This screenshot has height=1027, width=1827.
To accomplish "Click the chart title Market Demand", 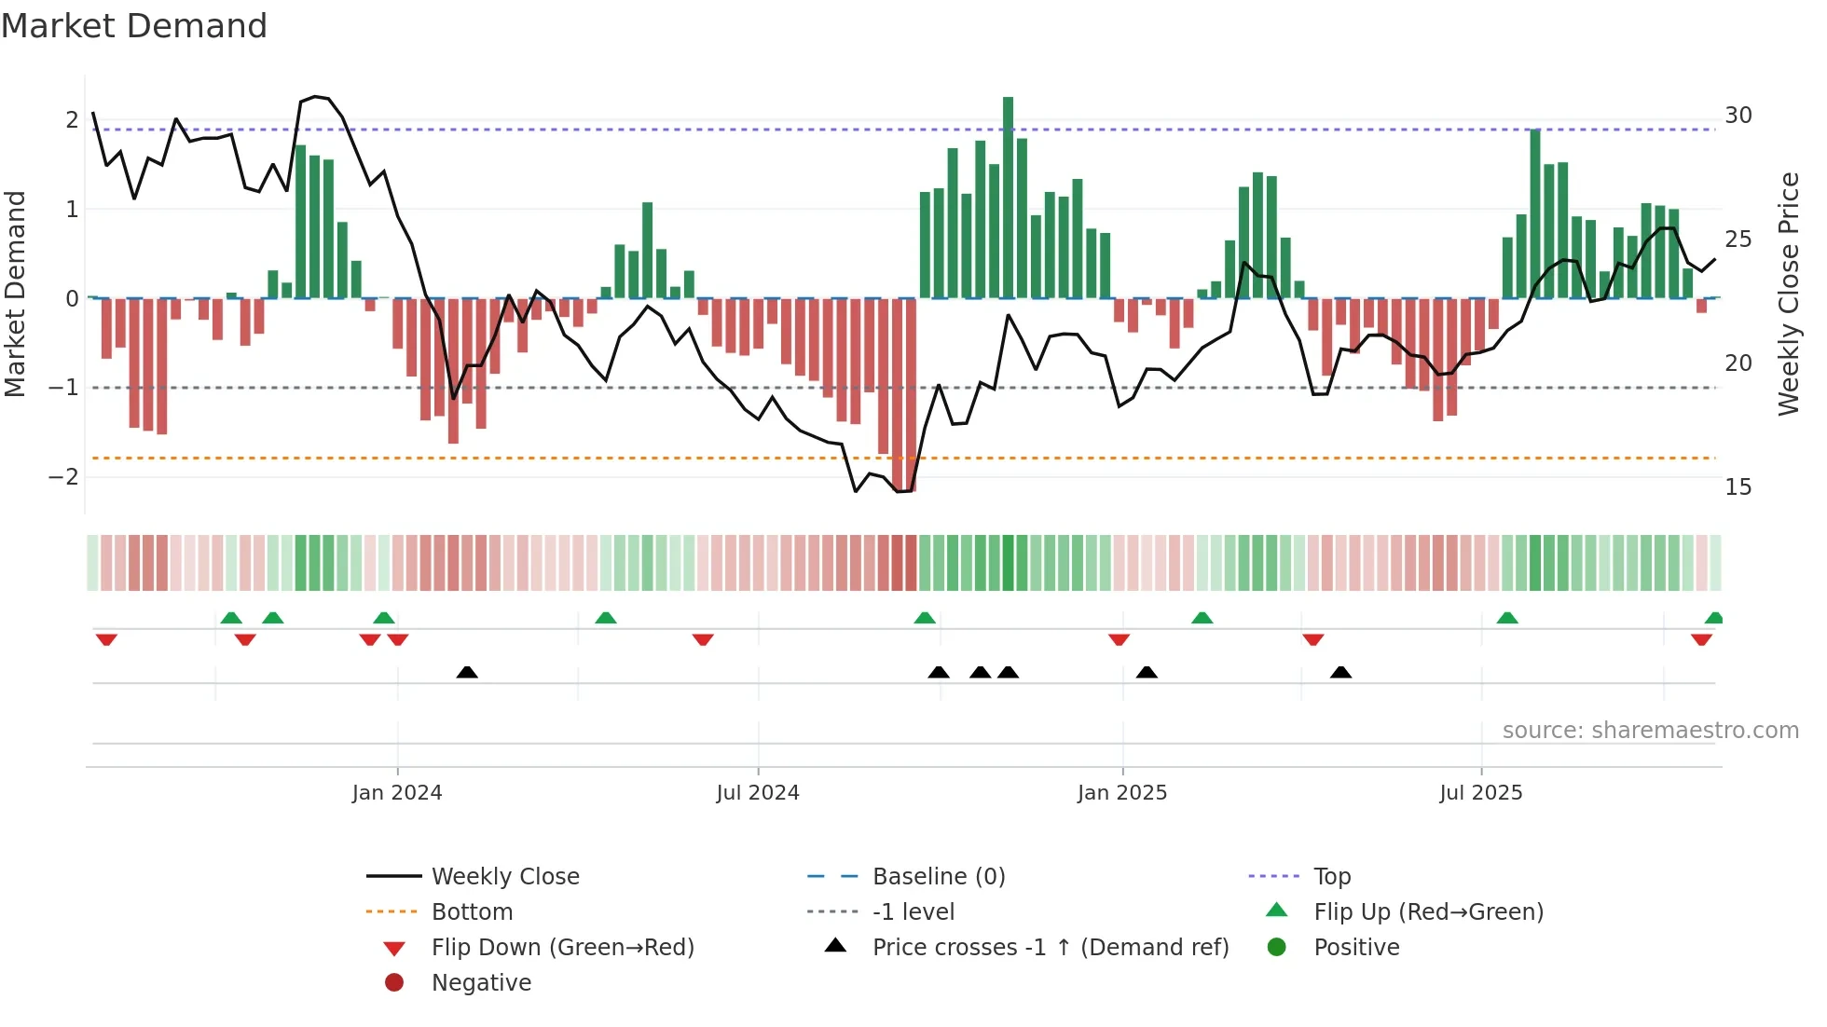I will (134, 26).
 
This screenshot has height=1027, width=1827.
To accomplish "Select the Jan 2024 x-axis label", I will (397, 793).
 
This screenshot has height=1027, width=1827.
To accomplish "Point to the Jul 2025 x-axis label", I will (1480, 793).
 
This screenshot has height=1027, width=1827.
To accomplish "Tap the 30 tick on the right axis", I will (1738, 116).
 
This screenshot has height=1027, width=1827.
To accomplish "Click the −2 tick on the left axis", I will (64, 477).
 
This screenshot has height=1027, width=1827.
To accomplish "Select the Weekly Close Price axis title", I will (1788, 294).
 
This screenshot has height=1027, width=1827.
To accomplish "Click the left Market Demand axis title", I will (15, 294).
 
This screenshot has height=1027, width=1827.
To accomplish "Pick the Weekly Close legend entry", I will (504, 877).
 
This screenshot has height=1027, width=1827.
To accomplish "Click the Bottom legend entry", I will (472, 912).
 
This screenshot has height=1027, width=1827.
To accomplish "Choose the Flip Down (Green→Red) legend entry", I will (562, 948).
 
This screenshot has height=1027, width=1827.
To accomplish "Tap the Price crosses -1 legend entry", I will (1050, 948).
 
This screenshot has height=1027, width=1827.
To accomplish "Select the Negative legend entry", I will (481, 983).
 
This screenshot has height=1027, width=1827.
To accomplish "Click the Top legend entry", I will (1332, 877).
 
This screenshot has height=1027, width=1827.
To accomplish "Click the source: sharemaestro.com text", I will (1650, 731).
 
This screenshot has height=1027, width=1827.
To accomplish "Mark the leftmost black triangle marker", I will (467, 673).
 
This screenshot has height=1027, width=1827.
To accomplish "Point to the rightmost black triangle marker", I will (1340, 673).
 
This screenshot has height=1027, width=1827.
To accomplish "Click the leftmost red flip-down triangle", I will (106, 639).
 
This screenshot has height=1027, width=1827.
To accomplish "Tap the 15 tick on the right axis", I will (1738, 487).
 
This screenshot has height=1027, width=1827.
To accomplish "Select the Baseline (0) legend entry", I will (938, 877).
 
